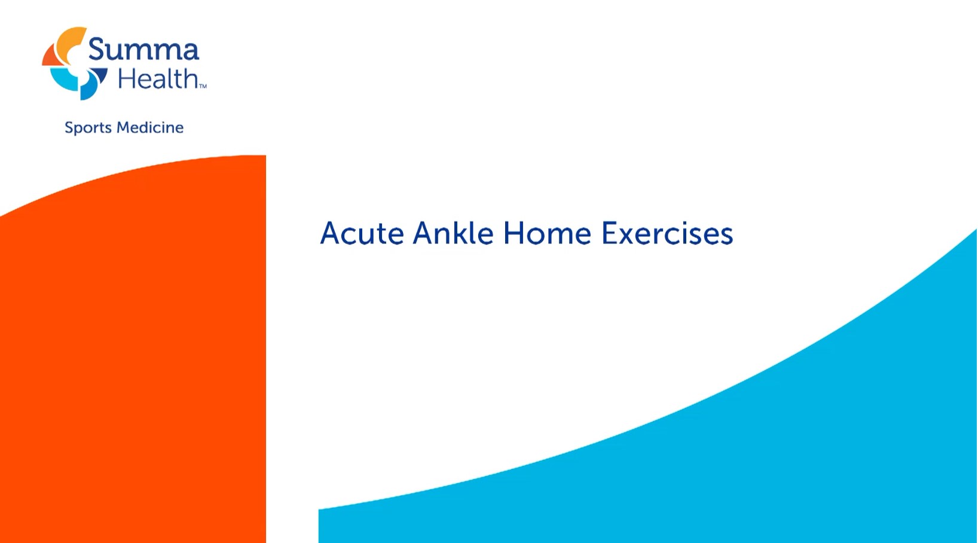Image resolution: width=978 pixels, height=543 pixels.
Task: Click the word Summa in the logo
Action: point(143,50)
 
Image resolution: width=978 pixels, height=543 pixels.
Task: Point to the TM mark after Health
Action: point(203,87)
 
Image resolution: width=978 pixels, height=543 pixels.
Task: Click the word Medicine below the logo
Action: point(150,127)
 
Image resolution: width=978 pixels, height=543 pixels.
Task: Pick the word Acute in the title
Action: point(362,233)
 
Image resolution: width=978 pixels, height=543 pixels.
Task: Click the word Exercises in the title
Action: point(667,233)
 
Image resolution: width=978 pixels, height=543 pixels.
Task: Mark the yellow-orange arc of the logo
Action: point(66,41)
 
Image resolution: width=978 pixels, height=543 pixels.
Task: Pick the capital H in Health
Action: point(127,79)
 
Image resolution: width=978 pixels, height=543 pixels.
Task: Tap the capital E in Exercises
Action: point(610,233)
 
